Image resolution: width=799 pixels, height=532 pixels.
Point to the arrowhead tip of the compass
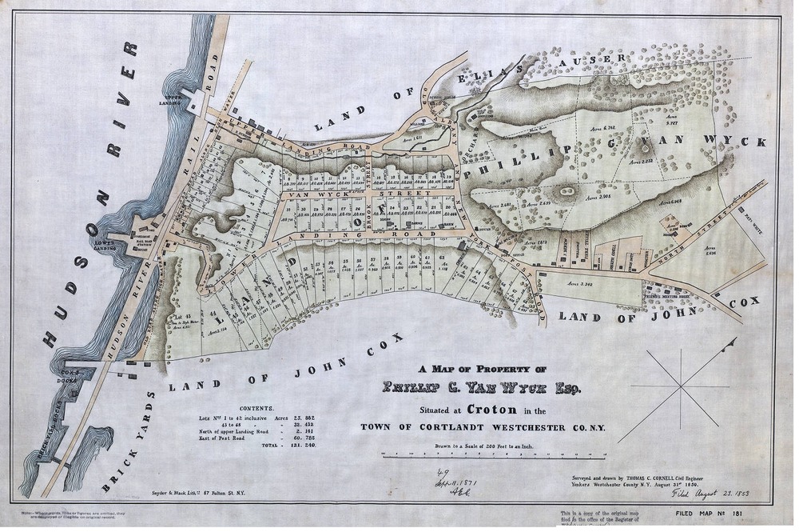733,342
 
